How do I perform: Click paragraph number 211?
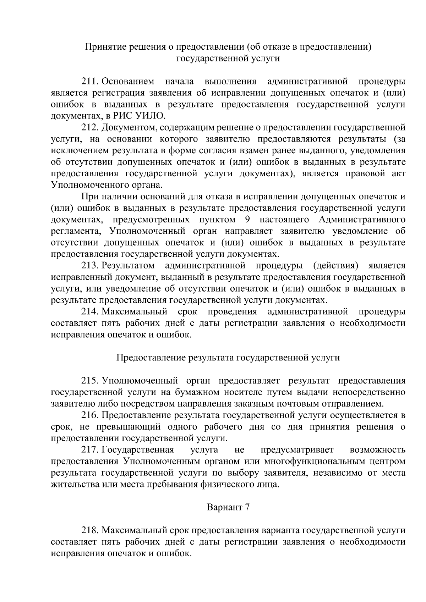click(x=90, y=82)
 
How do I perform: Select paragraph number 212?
click(x=90, y=127)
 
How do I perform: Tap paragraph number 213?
click(x=90, y=266)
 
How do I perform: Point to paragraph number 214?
click(x=90, y=312)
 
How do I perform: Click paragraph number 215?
click(x=90, y=381)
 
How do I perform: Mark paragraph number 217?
click(x=90, y=450)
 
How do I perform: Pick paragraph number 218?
click(x=90, y=531)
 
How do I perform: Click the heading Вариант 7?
click(x=228, y=508)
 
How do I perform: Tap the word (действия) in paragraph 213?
click(x=335, y=266)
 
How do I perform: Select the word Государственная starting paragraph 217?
click(x=138, y=450)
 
